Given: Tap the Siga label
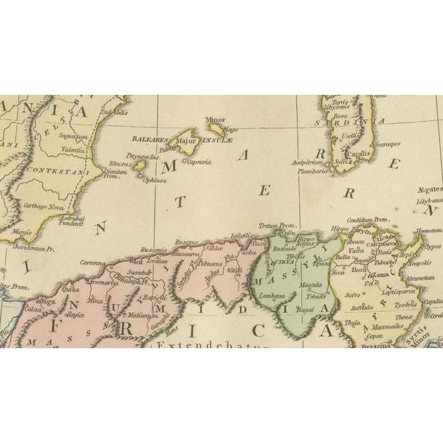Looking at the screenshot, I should pos(50,302).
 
